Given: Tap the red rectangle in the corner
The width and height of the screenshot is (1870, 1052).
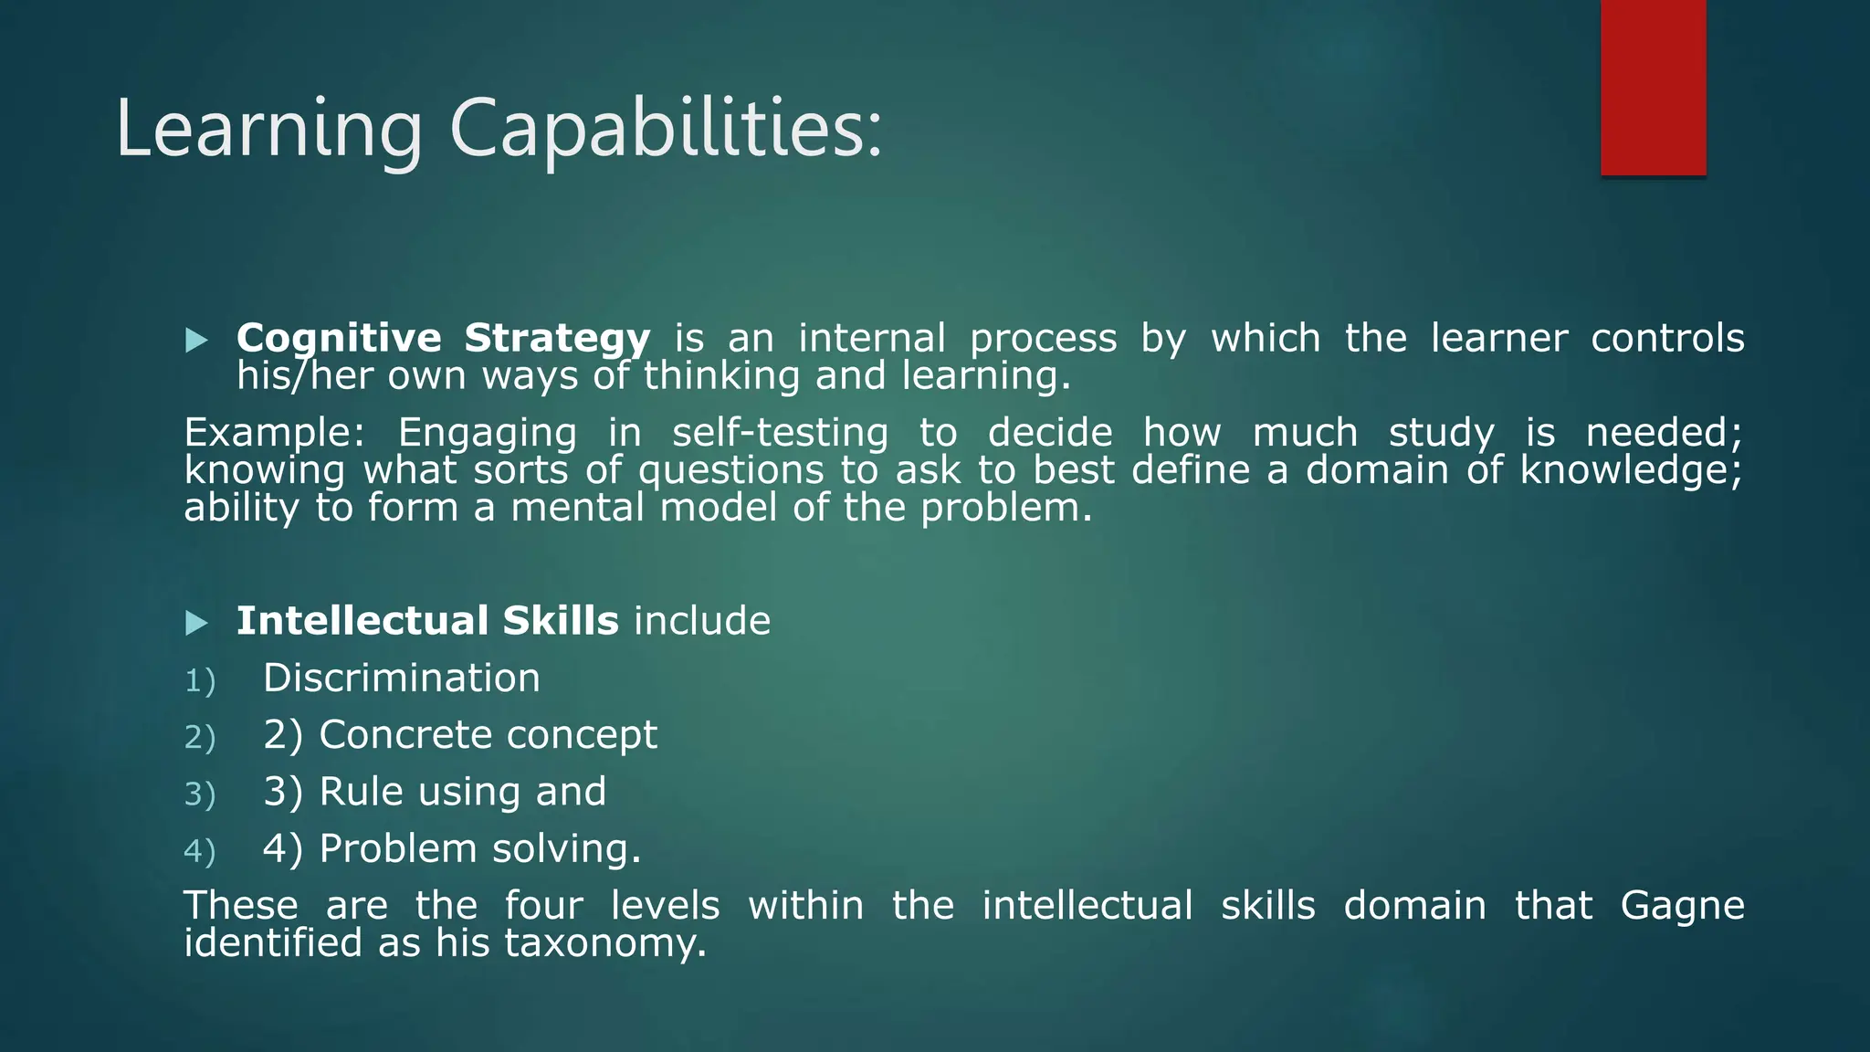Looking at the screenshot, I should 1653,87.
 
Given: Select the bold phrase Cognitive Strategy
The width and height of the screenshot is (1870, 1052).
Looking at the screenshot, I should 443,338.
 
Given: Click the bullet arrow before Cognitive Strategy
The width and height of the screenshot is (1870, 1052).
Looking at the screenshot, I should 196,341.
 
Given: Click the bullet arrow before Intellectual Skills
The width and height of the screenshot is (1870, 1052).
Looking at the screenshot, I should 196,624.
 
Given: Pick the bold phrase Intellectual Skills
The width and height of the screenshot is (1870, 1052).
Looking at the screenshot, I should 427,621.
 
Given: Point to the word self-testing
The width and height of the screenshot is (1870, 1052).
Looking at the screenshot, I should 780,433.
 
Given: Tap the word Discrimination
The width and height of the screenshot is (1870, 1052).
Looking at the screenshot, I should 402,679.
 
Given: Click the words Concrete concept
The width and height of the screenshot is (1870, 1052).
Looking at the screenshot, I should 488,735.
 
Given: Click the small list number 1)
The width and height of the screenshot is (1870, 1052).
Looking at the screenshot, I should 200,681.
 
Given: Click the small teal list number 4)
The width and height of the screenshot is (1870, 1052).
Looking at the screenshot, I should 200,851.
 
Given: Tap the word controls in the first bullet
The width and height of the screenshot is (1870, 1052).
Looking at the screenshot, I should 1667,338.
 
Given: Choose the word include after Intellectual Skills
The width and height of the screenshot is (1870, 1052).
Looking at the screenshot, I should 702,621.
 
